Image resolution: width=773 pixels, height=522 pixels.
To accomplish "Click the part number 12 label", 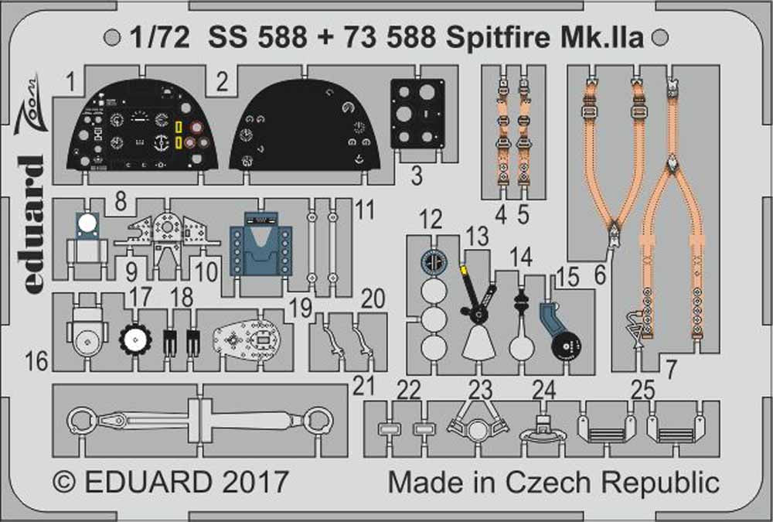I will click(431, 218).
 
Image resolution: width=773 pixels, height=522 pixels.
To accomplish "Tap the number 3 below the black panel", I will click(417, 176).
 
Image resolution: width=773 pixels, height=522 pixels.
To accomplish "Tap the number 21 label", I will click(363, 384).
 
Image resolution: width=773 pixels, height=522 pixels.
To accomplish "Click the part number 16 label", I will click(36, 360).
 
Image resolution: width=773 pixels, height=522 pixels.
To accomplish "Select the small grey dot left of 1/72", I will click(113, 37).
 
